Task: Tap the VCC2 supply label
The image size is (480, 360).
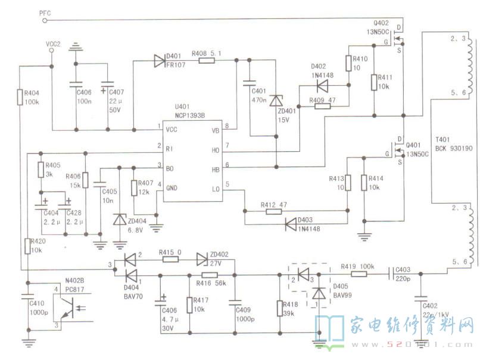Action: [54, 43]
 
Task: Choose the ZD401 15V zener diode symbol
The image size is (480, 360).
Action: [276, 101]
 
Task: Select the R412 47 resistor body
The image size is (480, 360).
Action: [274, 211]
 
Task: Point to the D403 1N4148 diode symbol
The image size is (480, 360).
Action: [292, 224]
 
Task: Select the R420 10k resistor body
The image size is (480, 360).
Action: [28, 246]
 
